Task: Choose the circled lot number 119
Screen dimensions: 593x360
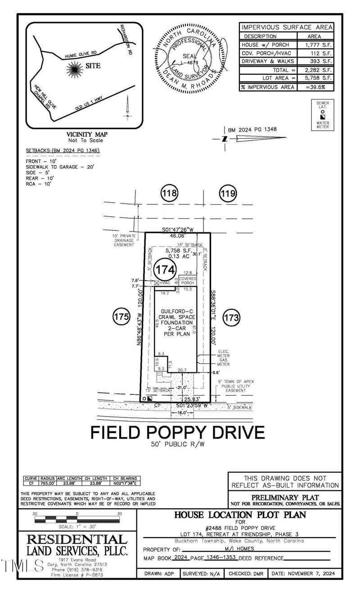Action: tap(227, 194)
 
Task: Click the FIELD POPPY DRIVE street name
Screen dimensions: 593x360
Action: tap(177, 433)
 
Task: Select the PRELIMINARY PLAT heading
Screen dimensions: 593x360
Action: tap(285, 497)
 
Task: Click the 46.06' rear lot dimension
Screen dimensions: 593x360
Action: tap(177, 235)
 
